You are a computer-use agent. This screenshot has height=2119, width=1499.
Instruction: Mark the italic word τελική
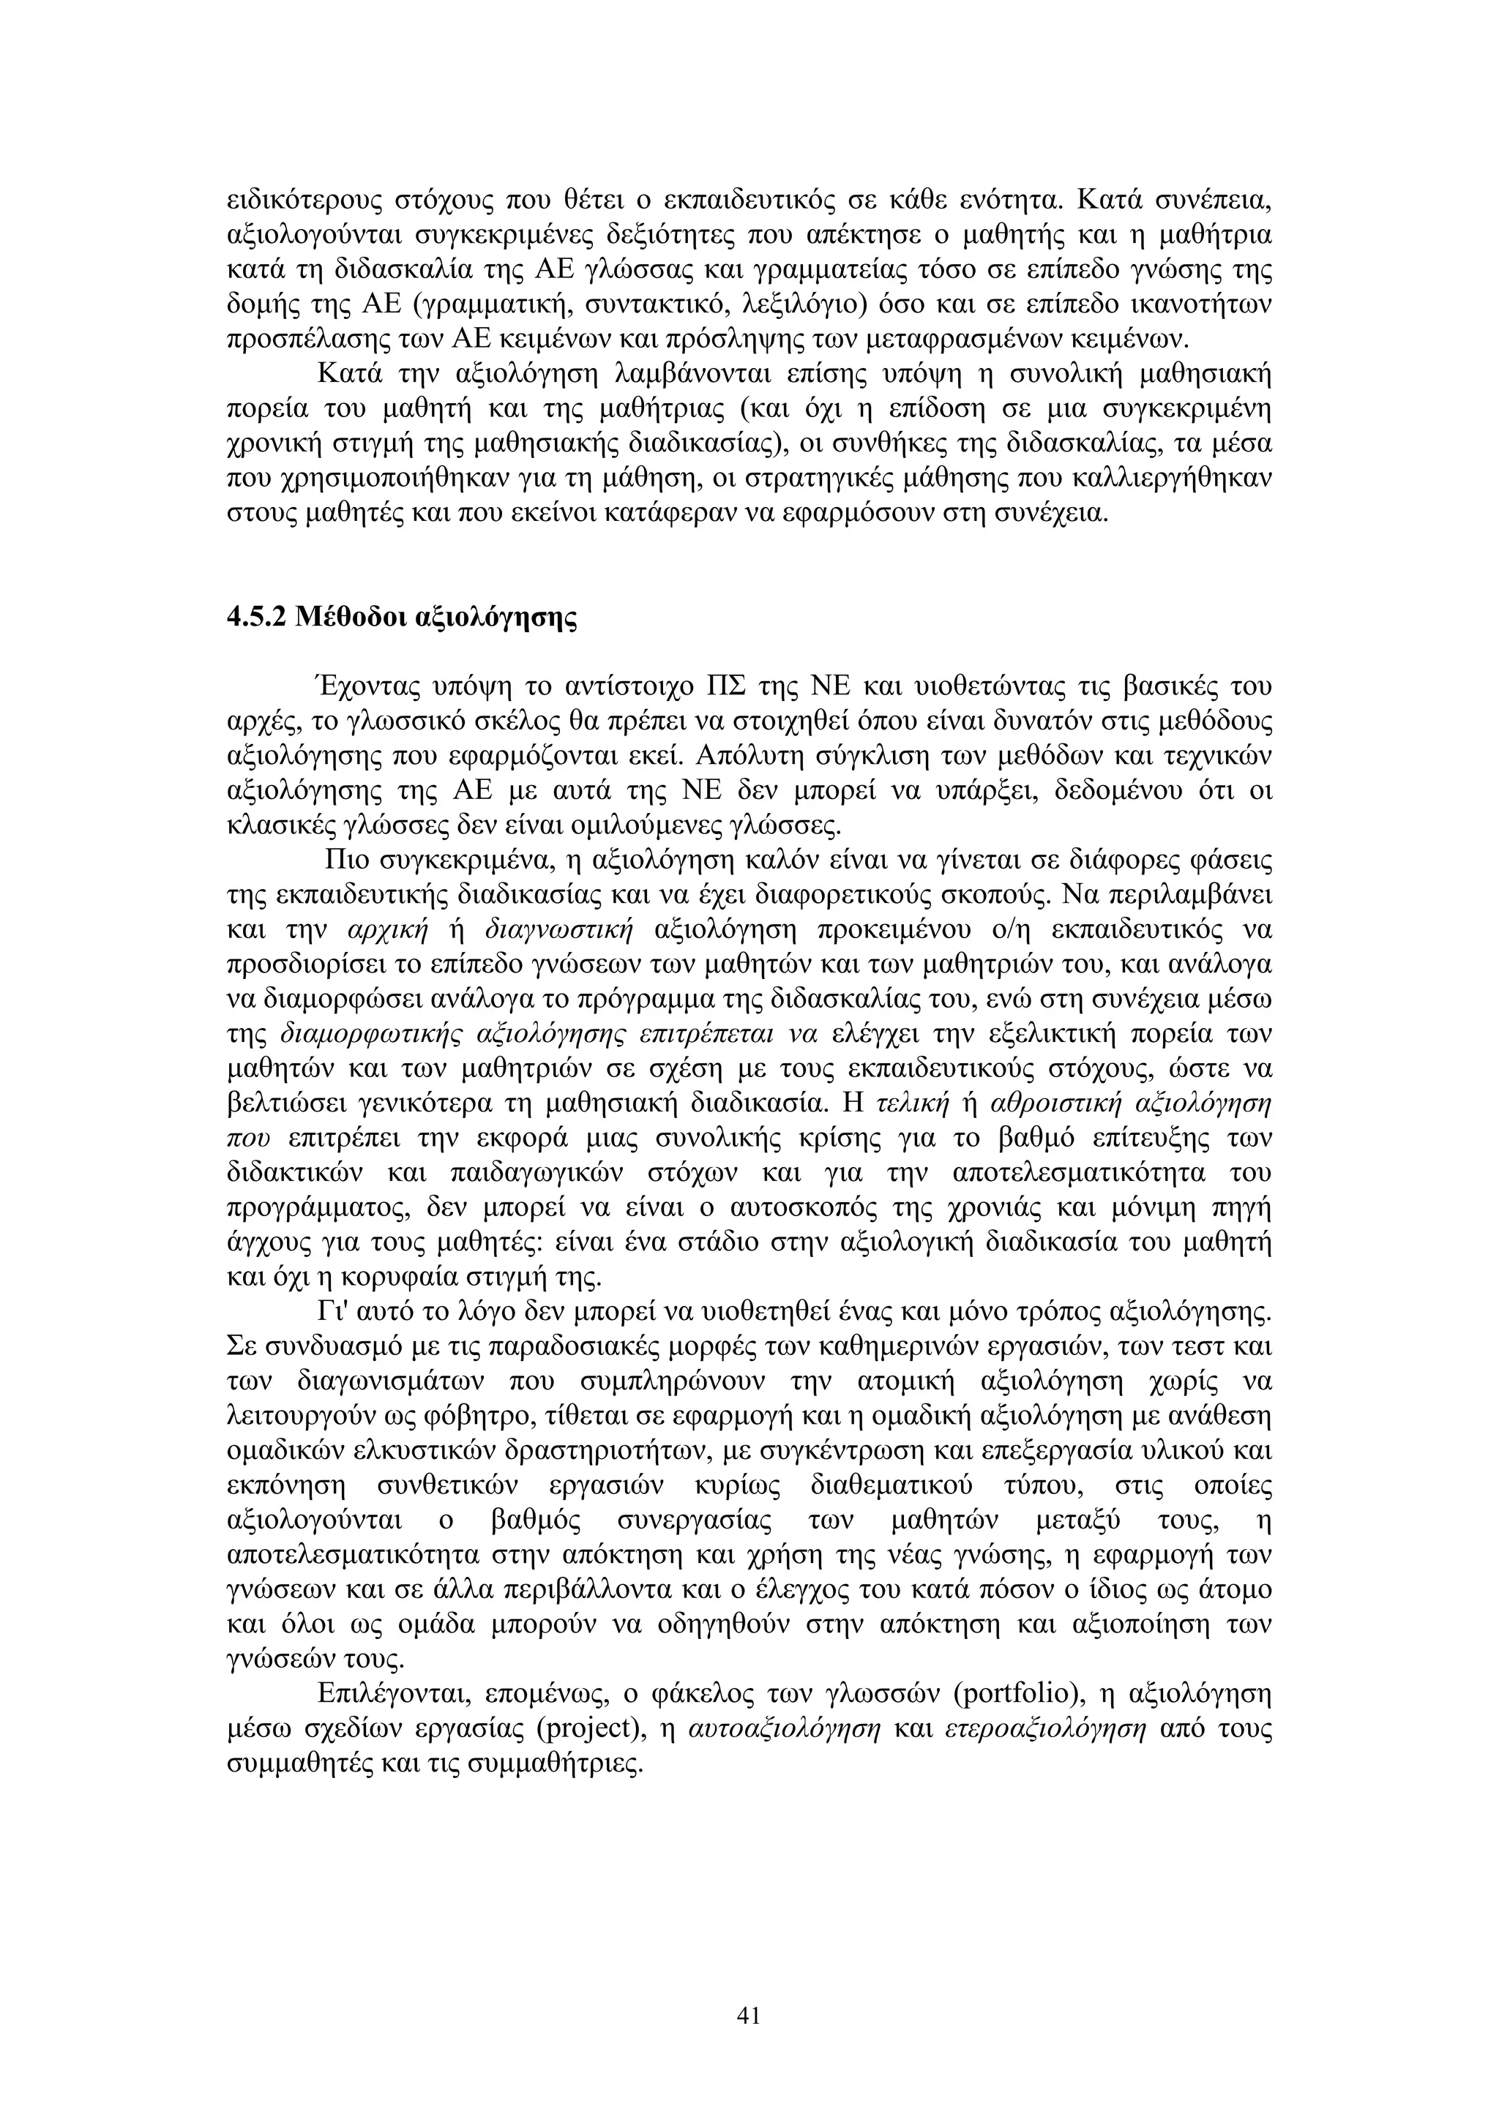pyautogui.click(x=911, y=1103)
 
